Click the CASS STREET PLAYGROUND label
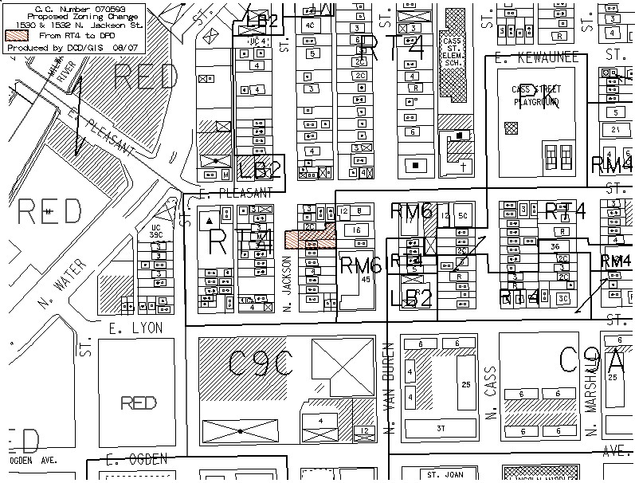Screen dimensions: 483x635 535,96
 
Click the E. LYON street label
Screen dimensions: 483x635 135,328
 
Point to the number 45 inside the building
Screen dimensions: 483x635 366,280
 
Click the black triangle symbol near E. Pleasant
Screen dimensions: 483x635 209,219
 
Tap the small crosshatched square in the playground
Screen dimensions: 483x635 511,125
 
